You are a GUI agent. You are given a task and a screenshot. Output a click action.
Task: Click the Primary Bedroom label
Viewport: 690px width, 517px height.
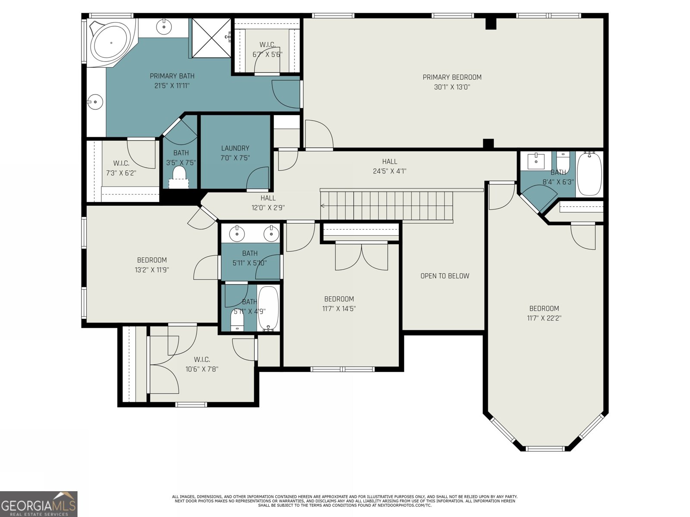(452, 77)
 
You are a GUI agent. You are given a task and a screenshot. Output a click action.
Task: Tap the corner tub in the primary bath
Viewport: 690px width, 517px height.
(111, 42)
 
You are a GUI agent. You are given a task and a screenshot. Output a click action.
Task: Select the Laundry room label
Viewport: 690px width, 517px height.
(235, 148)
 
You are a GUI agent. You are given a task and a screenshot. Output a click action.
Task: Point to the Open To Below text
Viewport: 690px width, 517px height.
(445, 276)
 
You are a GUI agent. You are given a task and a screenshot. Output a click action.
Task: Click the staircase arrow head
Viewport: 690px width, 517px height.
(323, 206)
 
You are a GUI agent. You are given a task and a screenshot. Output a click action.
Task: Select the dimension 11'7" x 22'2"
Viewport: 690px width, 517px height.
(544, 318)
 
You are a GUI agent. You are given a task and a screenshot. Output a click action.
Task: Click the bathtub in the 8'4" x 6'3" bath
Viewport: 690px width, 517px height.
(589, 174)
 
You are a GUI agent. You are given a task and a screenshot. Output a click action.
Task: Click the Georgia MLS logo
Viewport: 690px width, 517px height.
(38, 504)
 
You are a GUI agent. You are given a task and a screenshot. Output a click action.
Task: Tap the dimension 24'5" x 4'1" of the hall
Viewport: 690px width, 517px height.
(389, 171)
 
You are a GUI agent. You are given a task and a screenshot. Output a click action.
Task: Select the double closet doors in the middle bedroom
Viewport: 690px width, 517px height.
(361, 257)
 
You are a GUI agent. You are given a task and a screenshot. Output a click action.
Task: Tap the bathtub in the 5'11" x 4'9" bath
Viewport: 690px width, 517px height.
(268, 308)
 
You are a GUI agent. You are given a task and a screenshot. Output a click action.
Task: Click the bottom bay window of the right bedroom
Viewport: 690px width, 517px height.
(545, 449)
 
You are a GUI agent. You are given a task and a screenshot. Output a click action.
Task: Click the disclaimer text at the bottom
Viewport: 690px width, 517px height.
(345, 501)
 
